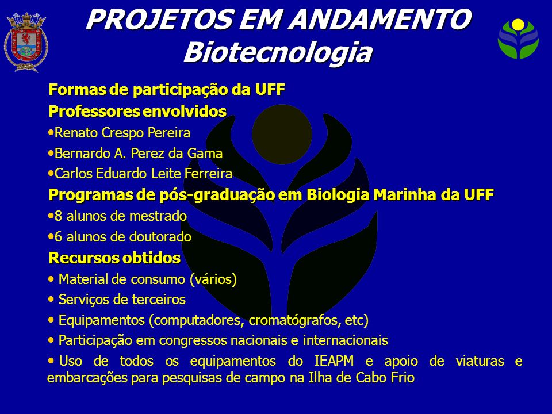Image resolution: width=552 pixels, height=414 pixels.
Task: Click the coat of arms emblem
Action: point(26,42)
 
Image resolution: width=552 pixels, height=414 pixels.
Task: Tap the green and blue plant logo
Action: point(518,39)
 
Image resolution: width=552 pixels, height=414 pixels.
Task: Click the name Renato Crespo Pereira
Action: point(122,133)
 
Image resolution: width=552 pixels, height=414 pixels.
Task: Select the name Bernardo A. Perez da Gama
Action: point(139,154)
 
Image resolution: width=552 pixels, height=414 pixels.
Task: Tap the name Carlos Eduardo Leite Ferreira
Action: point(144,174)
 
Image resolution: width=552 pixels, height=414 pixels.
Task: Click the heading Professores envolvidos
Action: point(137,111)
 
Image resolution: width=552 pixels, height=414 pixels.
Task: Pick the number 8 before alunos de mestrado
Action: point(59,216)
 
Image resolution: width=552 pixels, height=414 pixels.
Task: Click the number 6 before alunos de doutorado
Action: point(59,237)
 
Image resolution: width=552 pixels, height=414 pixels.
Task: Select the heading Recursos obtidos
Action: point(115,258)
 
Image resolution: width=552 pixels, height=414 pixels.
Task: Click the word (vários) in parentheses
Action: point(213,279)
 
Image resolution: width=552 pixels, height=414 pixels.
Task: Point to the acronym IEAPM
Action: point(334,361)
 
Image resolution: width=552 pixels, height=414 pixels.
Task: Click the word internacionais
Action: point(346,340)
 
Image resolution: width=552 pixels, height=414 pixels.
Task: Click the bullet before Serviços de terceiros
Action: point(51,300)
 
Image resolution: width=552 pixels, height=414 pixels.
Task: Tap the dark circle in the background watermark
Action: point(282,134)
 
